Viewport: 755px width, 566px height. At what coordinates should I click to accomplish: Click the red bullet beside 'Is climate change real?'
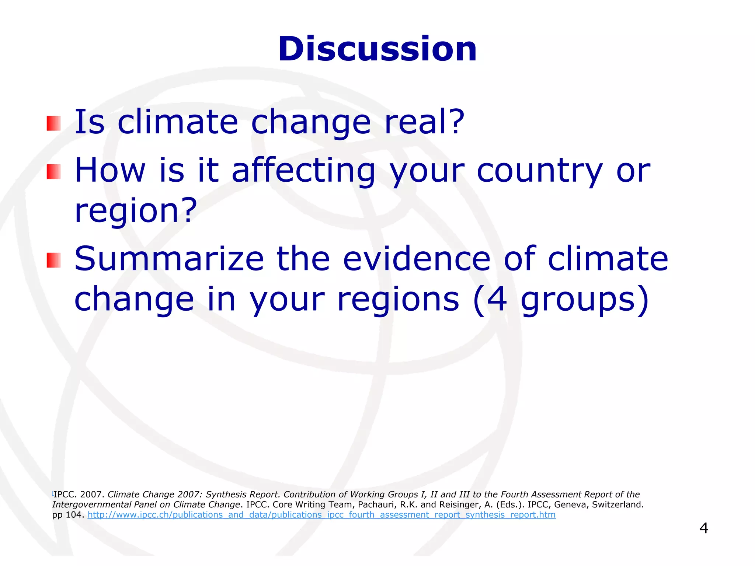tap(53, 123)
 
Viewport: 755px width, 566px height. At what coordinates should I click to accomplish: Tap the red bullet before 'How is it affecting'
tap(53, 172)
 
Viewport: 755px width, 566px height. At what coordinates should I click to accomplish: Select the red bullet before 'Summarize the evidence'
tap(53, 260)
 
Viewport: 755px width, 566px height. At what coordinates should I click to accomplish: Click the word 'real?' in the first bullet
tap(424, 122)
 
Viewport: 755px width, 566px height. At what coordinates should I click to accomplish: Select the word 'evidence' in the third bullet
tap(417, 259)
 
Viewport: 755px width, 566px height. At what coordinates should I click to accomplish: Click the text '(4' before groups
tap(491, 299)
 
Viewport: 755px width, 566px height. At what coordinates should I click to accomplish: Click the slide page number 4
tap(703, 528)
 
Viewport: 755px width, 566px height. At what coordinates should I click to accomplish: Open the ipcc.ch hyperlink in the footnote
tap(321, 515)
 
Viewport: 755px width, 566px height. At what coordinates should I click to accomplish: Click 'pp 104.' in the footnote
tap(68, 515)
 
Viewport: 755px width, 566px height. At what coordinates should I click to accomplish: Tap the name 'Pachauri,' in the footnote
tap(377, 504)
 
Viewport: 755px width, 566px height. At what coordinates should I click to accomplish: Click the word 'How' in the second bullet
tap(110, 171)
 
